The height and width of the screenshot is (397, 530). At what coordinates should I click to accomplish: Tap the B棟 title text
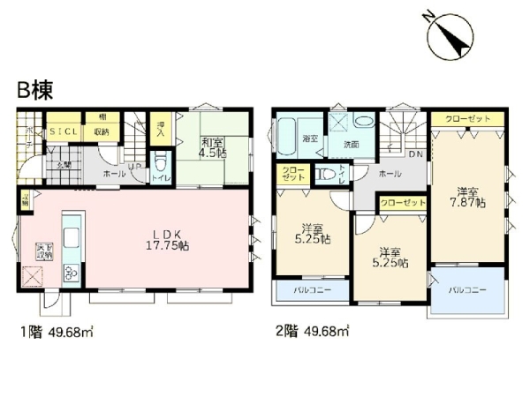[x=34, y=89]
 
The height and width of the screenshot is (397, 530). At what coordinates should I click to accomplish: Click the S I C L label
[x=64, y=133]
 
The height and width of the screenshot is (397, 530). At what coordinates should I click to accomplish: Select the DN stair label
[x=416, y=155]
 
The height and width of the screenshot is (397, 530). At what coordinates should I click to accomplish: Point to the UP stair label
[x=133, y=166]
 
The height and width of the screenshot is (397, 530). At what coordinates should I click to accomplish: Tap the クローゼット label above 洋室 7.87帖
[x=457, y=118]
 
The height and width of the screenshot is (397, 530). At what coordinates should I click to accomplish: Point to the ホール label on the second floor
[x=390, y=175]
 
